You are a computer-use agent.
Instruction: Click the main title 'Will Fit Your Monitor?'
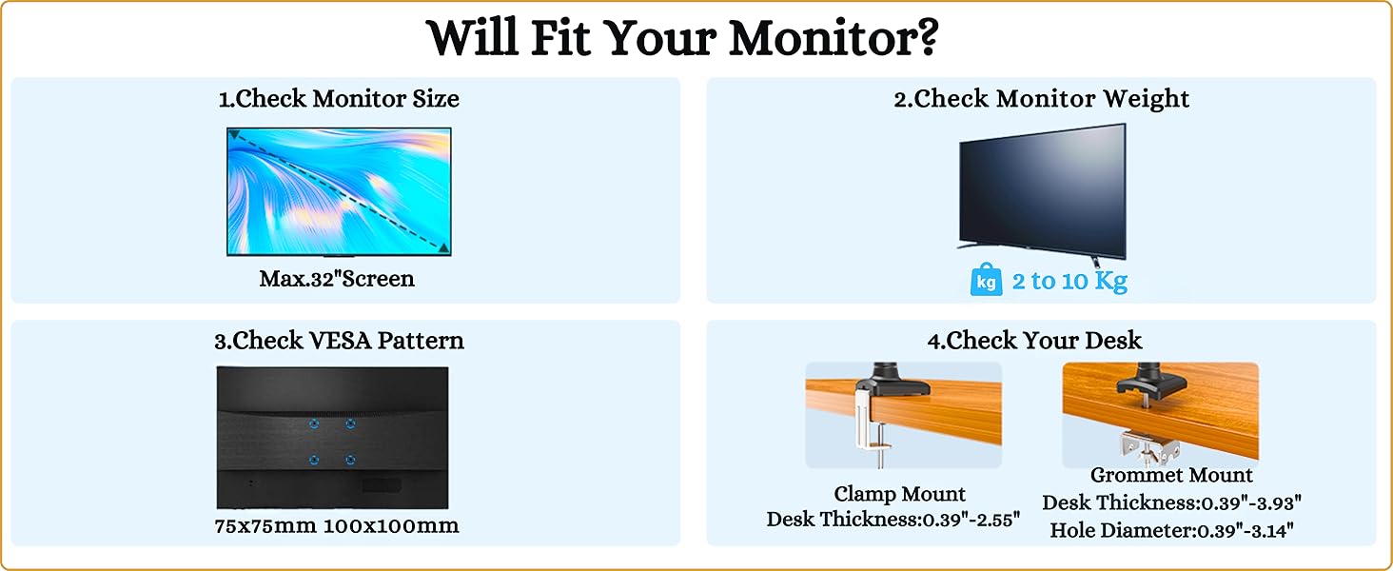pyautogui.click(x=682, y=38)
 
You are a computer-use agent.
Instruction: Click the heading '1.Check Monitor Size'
pyautogui.click(x=339, y=99)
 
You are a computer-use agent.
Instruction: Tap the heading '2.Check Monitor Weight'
pyautogui.click(x=1041, y=99)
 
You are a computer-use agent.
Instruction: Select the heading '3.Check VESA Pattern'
pyautogui.click(x=339, y=341)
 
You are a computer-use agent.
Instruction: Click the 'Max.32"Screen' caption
pyautogui.click(x=337, y=279)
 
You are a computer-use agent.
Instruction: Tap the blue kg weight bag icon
pyautogui.click(x=986, y=282)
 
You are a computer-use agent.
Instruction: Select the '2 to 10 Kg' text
pyautogui.click(x=1069, y=282)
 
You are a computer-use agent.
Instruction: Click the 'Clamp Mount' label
pyautogui.click(x=899, y=494)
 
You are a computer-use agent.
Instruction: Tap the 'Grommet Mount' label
pyautogui.click(x=1171, y=475)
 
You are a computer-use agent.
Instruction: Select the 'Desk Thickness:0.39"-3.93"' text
pyautogui.click(x=1171, y=502)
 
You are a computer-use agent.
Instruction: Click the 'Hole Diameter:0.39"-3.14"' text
pyautogui.click(x=1171, y=531)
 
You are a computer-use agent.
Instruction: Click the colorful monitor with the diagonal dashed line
pyautogui.click(x=339, y=191)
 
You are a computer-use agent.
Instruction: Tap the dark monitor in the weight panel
pyautogui.click(x=1042, y=193)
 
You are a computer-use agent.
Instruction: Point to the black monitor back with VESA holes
pyautogui.click(x=332, y=437)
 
